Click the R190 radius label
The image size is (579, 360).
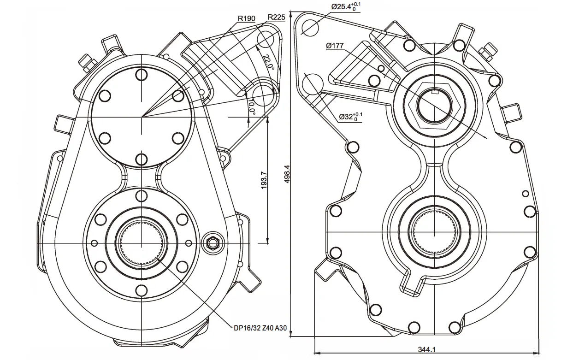click(x=246, y=19)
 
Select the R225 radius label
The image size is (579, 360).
click(x=276, y=17)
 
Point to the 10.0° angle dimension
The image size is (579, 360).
click(x=252, y=107)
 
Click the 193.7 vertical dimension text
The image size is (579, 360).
click(x=264, y=180)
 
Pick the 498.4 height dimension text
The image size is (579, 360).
click(x=287, y=175)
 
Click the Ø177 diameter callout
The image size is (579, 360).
click(x=335, y=46)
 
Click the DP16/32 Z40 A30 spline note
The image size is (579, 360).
click(x=260, y=328)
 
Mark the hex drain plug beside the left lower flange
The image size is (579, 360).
click(x=213, y=242)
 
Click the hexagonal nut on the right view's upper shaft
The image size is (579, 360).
click(x=433, y=105)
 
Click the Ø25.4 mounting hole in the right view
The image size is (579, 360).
click(x=310, y=27)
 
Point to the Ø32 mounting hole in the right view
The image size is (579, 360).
click(x=313, y=83)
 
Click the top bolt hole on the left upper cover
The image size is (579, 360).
click(x=142, y=75)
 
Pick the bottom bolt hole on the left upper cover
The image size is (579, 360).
click(x=142, y=159)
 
